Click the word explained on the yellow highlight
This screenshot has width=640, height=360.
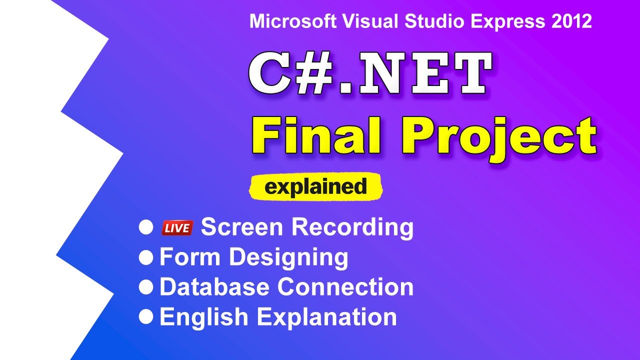315,187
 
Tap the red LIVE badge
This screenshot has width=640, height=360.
177,228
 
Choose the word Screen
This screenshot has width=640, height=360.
242,227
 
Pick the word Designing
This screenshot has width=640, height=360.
288,257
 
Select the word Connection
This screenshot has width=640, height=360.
345,287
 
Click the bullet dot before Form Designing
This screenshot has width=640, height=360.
146,257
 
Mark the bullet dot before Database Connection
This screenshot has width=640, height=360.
146,287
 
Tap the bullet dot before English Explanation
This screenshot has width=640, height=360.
146,316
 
